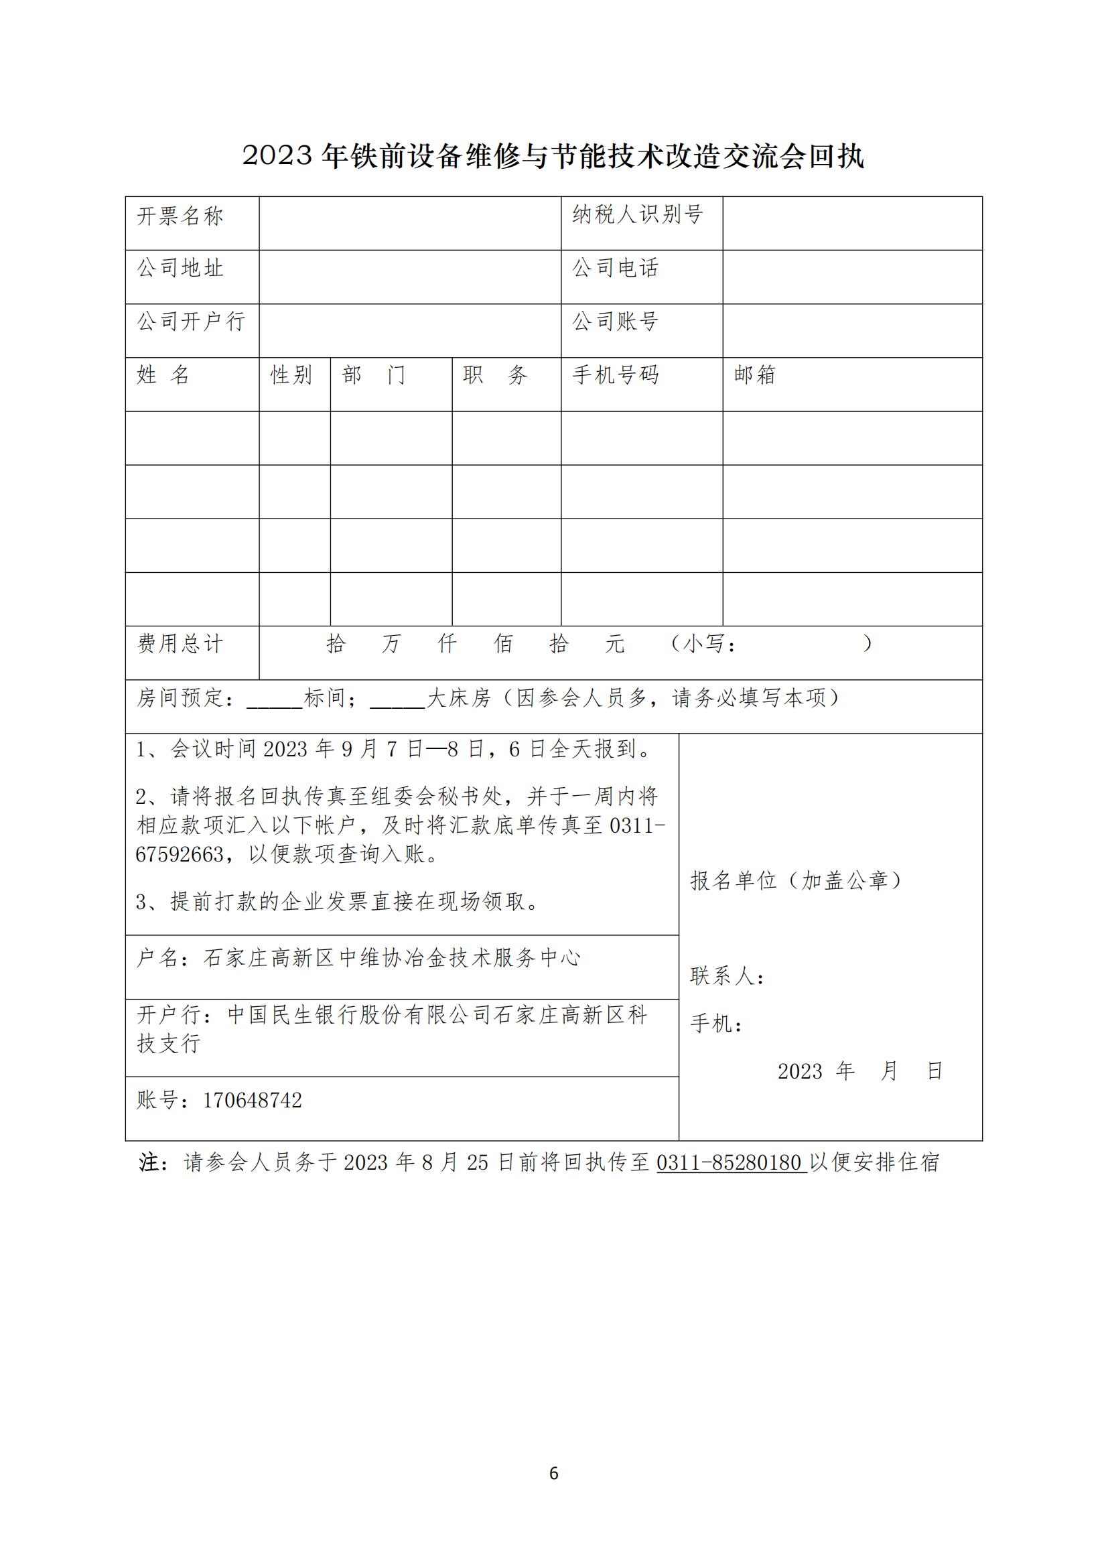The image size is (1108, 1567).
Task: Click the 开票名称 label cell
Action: click(181, 216)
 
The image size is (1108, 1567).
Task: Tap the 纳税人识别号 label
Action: click(637, 215)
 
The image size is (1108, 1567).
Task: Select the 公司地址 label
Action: click(181, 268)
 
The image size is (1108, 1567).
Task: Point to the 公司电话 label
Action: click(616, 268)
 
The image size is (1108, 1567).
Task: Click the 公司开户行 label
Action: click(192, 322)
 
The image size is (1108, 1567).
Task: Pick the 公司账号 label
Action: click(616, 322)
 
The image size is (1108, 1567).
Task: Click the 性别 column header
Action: click(291, 374)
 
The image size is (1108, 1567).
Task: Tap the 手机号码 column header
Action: click(616, 374)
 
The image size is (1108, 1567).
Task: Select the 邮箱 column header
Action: click(755, 374)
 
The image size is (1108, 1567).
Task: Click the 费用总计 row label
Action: click(181, 644)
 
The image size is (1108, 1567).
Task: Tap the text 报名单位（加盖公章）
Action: click(797, 881)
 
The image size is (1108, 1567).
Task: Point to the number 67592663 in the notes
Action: click(180, 854)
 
